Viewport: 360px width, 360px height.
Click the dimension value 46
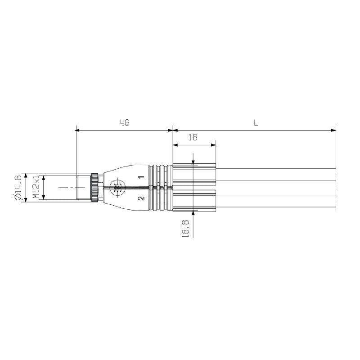coord(124,123)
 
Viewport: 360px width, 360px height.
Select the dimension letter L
coord(256,123)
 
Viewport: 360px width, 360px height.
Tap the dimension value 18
coord(193,138)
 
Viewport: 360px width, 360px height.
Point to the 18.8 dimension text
coord(185,228)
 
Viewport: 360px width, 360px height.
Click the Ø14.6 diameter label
coord(18,188)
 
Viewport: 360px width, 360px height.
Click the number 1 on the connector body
coord(141,178)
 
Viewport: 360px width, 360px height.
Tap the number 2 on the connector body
coord(141,198)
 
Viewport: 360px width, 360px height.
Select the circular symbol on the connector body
coord(117,188)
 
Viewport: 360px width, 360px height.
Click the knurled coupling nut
coord(95,188)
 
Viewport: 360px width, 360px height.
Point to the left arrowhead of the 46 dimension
coord(77,130)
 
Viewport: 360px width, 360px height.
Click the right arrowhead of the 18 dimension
coord(213,145)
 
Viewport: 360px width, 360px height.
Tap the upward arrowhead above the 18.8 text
coord(193,213)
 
